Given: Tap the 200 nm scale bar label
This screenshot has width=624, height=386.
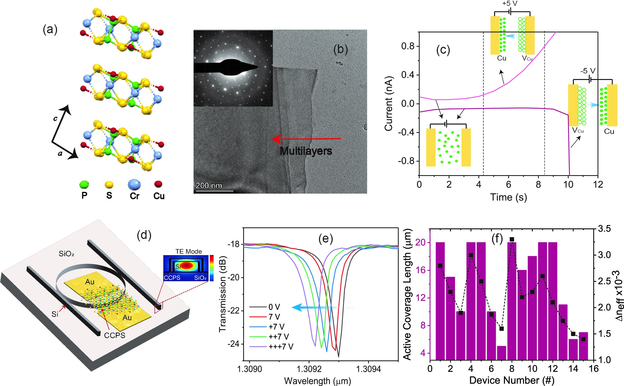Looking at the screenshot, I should tap(209, 186).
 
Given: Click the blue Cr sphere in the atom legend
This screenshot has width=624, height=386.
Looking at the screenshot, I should tap(134, 184).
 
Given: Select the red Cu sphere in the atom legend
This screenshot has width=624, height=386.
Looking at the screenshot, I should tap(158, 184).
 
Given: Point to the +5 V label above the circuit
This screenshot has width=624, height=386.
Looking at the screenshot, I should tap(509, 4).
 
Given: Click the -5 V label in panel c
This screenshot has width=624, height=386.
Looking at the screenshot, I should tap(588, 71).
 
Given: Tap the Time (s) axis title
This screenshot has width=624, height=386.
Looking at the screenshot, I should tap(508, 197).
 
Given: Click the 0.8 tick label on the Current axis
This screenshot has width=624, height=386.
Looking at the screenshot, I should tap(408, 47).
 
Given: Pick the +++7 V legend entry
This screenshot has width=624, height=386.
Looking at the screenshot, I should tap(281, 347).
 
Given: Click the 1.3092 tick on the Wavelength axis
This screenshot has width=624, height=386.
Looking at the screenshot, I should tap(309, 369).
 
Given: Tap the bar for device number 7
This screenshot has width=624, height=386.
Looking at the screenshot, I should tap(501, 353).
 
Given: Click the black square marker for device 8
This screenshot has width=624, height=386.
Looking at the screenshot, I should tap(512, 239).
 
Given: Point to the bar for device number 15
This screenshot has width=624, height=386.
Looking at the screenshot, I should tap(583, 346).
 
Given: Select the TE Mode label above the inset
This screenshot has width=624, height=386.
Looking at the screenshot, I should tap(188, 251).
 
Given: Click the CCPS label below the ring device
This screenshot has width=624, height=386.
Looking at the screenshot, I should tap(115, 335).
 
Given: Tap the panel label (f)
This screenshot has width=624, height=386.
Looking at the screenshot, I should tap(497, 239).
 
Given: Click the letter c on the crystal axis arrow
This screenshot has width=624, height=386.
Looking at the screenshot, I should tap(55, 118).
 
